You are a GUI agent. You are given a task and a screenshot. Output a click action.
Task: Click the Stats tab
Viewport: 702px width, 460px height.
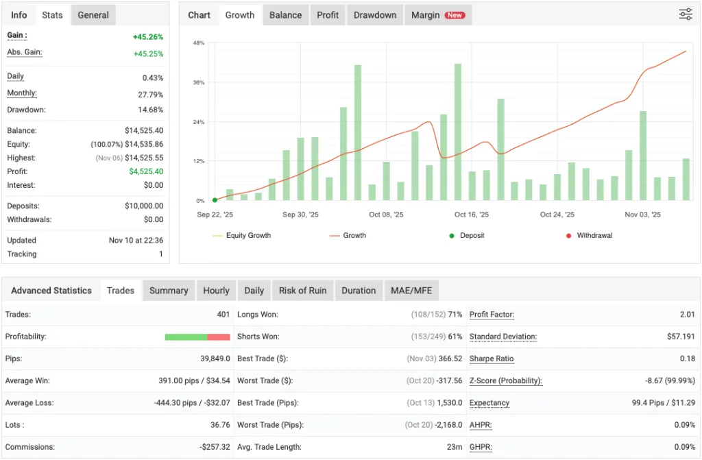[52, 15]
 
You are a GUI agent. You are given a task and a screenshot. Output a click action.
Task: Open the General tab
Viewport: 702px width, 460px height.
[93, 15]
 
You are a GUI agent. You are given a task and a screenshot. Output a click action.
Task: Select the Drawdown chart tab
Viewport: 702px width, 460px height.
[375, 15]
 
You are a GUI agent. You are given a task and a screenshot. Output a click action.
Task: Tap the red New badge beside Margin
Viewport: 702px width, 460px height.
[454, 15]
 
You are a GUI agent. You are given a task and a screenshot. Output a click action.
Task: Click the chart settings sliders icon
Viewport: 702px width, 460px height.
[686, 14]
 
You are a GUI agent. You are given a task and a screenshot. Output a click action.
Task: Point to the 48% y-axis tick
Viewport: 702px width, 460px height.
[199, 43]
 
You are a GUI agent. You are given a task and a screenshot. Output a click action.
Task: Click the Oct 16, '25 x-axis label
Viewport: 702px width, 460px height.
[472, 215]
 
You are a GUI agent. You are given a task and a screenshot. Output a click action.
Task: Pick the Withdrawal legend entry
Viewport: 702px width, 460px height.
[594, 235]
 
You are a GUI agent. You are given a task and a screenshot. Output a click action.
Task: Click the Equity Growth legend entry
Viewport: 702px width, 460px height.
[248, 235]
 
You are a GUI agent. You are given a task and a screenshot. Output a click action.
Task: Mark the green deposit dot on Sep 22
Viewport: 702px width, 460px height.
[215, 200]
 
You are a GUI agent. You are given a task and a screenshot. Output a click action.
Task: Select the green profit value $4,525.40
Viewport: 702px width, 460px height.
[146, 171]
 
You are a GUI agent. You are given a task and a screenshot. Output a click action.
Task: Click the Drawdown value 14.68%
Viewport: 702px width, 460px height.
[151, 110]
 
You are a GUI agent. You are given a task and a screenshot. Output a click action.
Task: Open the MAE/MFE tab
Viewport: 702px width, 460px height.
[411, 291]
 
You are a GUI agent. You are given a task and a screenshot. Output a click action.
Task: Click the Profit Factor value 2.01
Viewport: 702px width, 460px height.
[686, 315]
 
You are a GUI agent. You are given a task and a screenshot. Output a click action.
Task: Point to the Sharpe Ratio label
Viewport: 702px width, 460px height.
[492, 359]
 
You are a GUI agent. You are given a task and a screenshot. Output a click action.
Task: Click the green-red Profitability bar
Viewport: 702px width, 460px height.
[197, 337]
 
